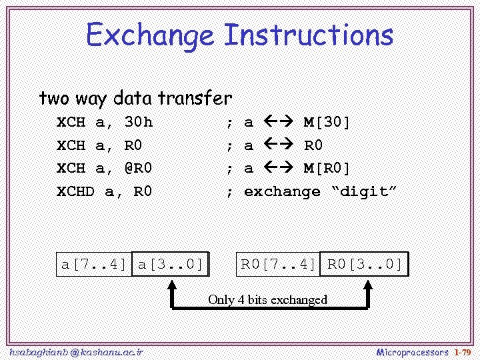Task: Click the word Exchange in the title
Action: click(151, 35)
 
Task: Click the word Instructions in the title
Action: click(308, 35)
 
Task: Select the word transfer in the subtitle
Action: click(195, 99)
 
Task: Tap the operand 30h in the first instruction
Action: click(139, 122)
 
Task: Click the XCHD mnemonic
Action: click(75, 192)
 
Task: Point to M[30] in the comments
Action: click(327, 122)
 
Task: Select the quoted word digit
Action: click(364, 192)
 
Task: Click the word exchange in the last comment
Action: click(282, 192)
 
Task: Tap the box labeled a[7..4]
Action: click(94, 264)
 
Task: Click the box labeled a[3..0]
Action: click(171, 264)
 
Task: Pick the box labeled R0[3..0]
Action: click(365, 264)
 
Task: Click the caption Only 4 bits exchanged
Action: click(267, 299)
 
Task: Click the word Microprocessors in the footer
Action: click(413, 352)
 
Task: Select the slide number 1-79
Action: click(463, 352)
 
